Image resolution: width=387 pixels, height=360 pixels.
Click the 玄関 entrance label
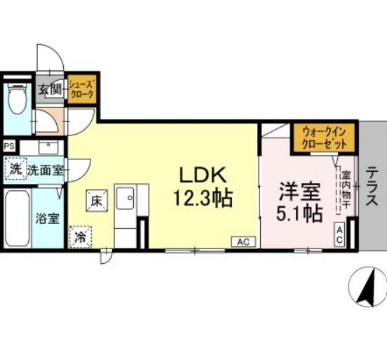tap(50, 90)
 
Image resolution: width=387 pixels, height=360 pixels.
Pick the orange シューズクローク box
tap(81, 89)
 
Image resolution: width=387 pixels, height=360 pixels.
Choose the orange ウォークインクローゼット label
tap(325, 136)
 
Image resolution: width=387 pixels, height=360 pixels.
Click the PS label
tap(9, 146)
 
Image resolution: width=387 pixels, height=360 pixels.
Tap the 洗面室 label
tap(46, 170)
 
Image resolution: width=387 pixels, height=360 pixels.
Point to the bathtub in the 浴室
tap(15, 216)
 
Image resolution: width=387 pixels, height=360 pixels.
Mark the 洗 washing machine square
tap(15, 168)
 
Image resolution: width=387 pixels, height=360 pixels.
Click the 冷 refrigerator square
tap(81, 236)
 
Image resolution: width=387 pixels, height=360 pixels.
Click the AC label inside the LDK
tap(243, 242)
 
